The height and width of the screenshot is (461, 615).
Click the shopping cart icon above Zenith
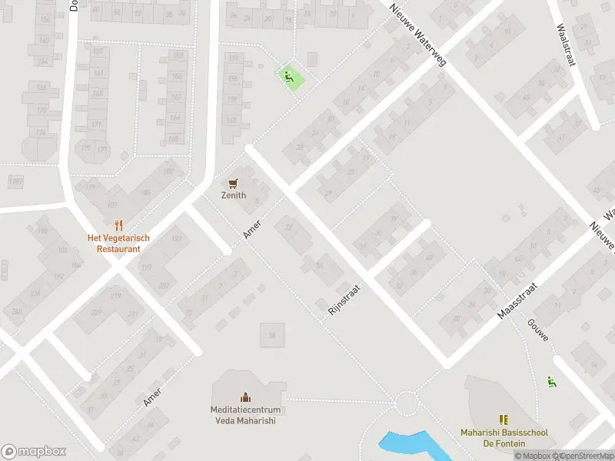coord(234,183)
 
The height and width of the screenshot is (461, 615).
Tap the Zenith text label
coord(234,196)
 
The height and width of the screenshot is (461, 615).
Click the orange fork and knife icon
coord(118,225)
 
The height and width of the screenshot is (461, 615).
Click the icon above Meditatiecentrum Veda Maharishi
coord(244,397)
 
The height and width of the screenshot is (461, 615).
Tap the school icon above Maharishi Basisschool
coord(504,420)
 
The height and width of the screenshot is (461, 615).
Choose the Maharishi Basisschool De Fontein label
coord(504,438)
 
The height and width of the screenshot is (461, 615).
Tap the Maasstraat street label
coord(517,300)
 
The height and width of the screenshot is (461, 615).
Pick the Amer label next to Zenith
coord(253,228)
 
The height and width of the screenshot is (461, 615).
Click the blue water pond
coord(407,443)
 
